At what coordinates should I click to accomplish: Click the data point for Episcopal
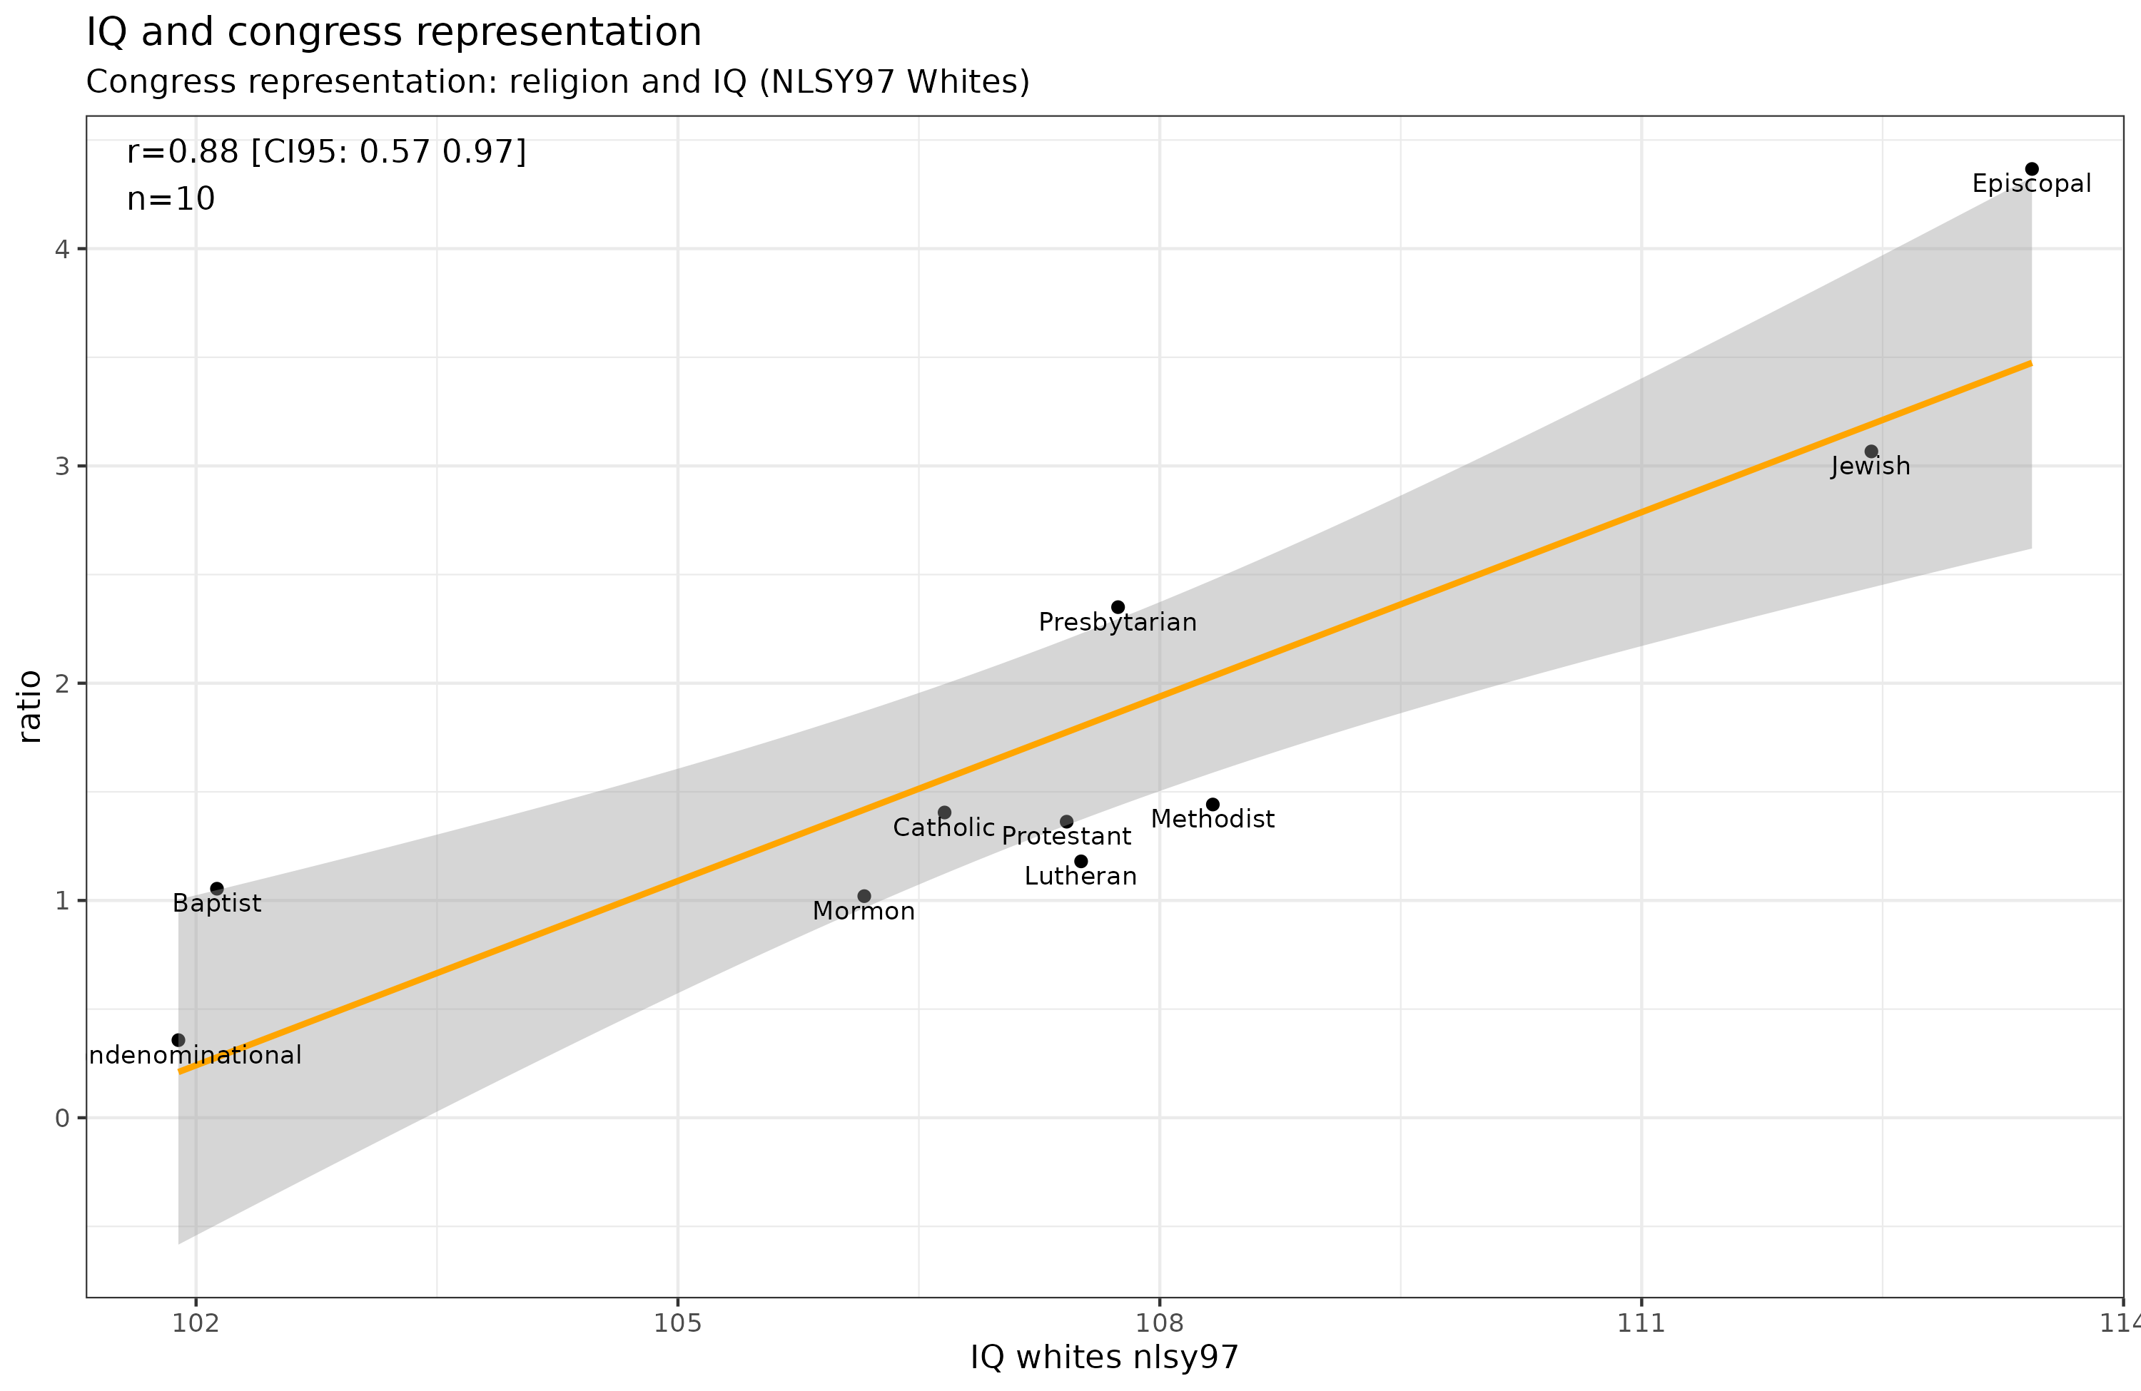(x=2031, y=169)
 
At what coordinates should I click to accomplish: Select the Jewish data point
(x=1871, y=452)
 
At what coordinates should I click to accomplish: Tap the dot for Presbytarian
(x=1118, y=607)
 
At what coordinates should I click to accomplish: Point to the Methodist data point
(x=1213, y=804)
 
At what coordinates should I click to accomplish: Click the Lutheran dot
(x=1081, y=862)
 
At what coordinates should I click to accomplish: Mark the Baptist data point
(x=217, y=888)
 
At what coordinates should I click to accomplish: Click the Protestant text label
(x=1066, y=836)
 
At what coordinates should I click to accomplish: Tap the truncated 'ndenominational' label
(x=196, y=1055)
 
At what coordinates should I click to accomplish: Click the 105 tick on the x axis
(x=677, y=1323)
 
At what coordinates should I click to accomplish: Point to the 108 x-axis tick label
(x=1160, y=1323)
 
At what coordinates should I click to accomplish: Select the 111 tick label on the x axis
(x=1641, y=1323)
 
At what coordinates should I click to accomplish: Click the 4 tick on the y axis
(x=62, y=249)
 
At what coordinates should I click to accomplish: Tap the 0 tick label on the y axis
(x=62, y=1119)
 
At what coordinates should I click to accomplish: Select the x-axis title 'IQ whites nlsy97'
(x=1104, y=1357)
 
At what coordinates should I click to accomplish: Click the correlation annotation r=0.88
(x=325, y=151)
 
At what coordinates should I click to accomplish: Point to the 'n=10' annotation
(x=171, y=199)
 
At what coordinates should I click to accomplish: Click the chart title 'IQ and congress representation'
(x=393, y=32)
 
